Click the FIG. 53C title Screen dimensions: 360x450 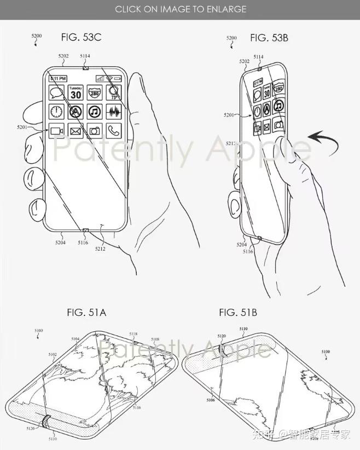point(81,37)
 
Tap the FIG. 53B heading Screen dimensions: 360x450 point(269,37)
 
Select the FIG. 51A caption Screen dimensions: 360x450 point(86,313)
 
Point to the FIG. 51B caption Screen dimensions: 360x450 point(238,313)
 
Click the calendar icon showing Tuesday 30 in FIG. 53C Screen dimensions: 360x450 point(76,93)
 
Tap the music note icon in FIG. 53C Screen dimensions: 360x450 point(94,112)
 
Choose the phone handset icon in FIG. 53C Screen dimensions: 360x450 point(113,130)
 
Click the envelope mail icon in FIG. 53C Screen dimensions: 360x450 point(76,130)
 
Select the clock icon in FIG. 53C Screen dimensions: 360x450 point(57,112)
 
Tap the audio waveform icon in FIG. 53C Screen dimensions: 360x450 point(113,112)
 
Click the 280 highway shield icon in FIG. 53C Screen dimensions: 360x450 point(94,93)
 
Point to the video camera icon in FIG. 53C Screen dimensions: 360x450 point(57,130)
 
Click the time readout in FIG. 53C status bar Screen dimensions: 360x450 point(57,78)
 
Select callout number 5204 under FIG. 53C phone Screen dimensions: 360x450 point(60,242)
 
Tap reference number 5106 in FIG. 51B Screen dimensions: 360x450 point(211,400)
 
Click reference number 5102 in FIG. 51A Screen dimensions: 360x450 point(53,354)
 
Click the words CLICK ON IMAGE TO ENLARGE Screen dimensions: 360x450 point(180,9)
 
